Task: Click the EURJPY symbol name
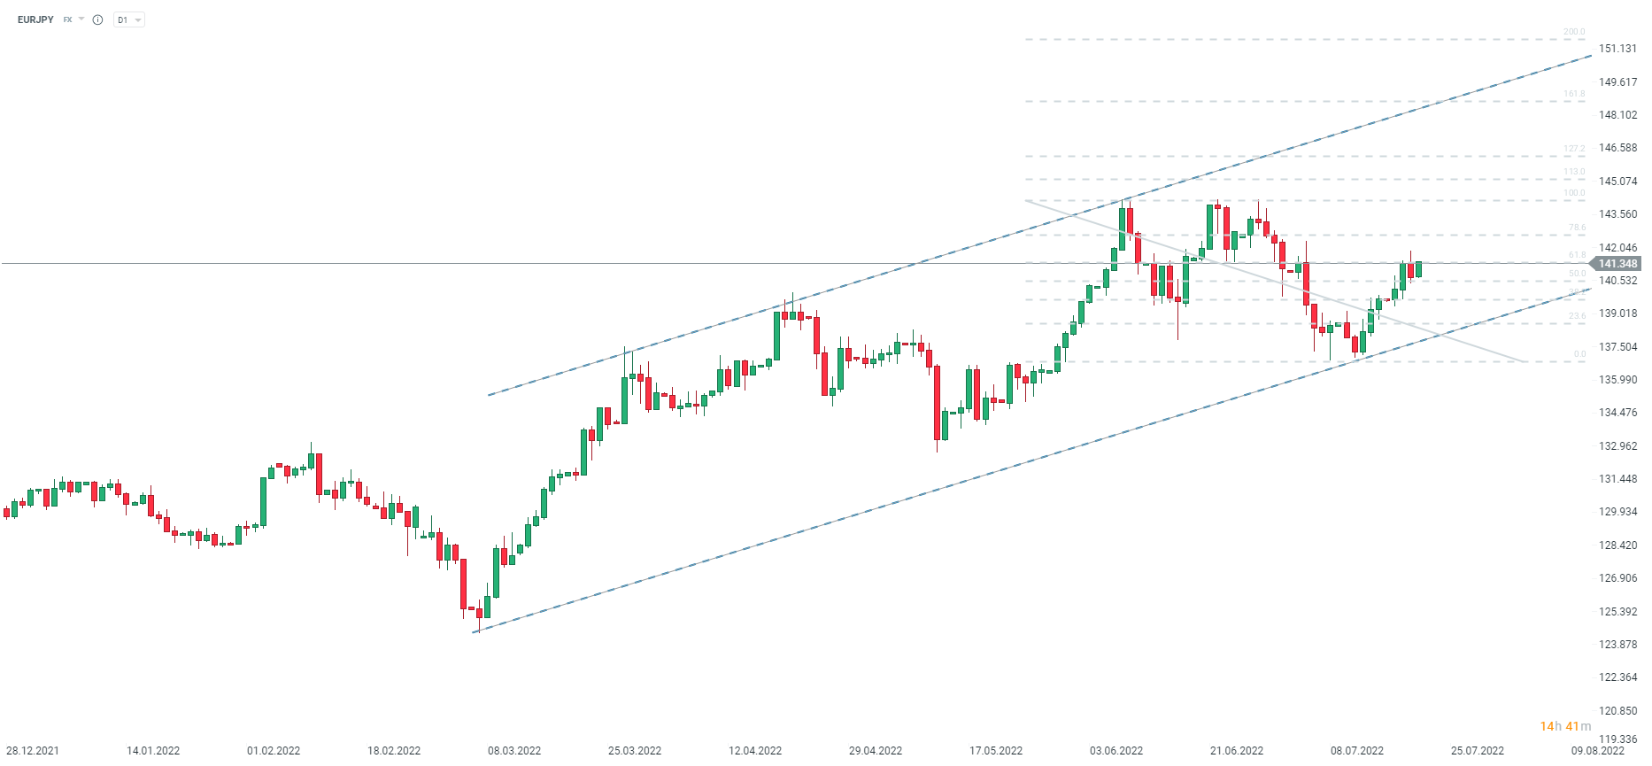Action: click(35, 19)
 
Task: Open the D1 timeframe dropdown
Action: click(128, 19)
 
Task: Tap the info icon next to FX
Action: click(97, 19)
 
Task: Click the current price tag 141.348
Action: click(1617, 264)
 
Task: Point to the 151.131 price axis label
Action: click(1617, 49)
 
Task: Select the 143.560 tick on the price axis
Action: click(1617, 214)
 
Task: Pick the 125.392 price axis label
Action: click(1617, 612)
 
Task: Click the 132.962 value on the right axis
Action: click(1617, 446)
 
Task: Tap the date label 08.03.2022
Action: click(514, 751)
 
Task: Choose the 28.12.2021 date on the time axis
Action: click(33, 751)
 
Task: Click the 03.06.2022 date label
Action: click(1116, 751)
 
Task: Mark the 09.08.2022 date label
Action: click(1598, 751)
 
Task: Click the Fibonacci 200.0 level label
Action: click(1574, 32)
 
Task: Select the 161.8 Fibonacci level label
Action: click(1574, 94)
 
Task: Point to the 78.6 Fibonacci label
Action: click(1577, 228)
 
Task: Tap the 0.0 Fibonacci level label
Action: click(1579, 354)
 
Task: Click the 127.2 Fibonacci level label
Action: click(1574, 150)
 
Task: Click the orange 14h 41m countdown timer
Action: click(1565, 726)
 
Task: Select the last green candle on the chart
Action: click(1418, 269)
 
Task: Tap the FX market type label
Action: click(67, 19)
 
